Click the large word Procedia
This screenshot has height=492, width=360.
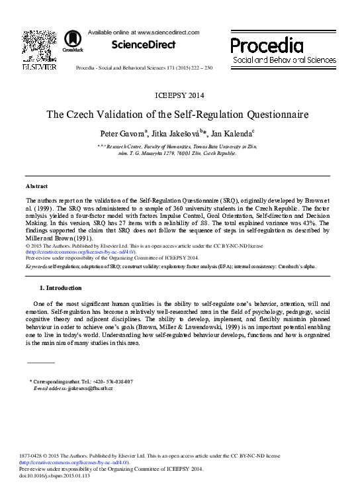pyautogui.click(x=267, y=45)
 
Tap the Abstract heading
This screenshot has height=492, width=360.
pyautogui.click(x=36, y=187)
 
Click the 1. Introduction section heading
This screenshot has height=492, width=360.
pyautogui.click(x=61, y=288)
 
